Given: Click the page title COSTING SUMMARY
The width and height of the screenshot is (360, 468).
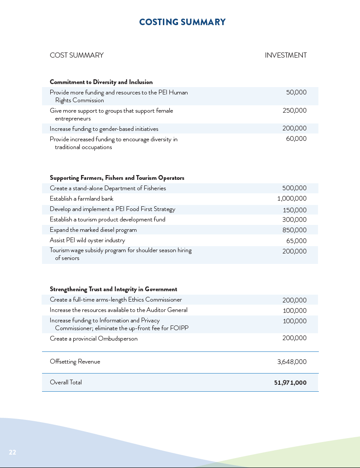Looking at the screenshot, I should (182, 22).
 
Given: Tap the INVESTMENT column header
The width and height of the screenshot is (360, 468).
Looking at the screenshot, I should (285, 55).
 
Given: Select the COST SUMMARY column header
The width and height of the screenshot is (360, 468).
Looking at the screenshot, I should (77, 55).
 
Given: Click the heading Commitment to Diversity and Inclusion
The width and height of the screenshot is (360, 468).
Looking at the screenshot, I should (101, 82).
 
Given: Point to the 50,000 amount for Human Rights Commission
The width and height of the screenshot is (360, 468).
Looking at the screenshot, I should (296, 92).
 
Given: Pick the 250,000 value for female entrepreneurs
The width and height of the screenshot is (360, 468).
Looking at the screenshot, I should (295, 110).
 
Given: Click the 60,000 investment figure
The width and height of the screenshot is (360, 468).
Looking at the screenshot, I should (296, 139).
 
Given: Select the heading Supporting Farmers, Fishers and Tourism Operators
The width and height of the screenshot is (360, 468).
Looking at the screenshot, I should (117, 178).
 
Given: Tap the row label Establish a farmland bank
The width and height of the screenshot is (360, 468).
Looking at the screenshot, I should (81, 198).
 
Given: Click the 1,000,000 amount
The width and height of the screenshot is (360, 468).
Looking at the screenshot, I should (292, 198).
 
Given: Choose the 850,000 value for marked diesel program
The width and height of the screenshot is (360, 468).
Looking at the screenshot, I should (295, 230).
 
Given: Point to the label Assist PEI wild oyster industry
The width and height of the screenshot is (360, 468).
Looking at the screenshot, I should (87, 240).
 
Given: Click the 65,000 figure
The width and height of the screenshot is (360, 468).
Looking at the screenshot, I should (296, 241).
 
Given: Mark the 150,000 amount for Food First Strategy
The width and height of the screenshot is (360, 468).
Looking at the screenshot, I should (295, 210).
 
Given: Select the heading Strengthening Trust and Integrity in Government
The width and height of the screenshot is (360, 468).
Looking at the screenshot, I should (114, 289).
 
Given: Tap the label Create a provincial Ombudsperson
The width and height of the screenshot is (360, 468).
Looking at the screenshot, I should (94, 338).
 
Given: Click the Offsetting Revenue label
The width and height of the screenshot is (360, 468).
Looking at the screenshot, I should (75, 361).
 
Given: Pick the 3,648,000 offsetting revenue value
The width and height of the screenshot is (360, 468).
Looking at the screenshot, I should (292, 362).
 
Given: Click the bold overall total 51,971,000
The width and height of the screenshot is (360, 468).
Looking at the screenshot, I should (290, 383).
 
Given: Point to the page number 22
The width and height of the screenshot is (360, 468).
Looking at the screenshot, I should (13, 452).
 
